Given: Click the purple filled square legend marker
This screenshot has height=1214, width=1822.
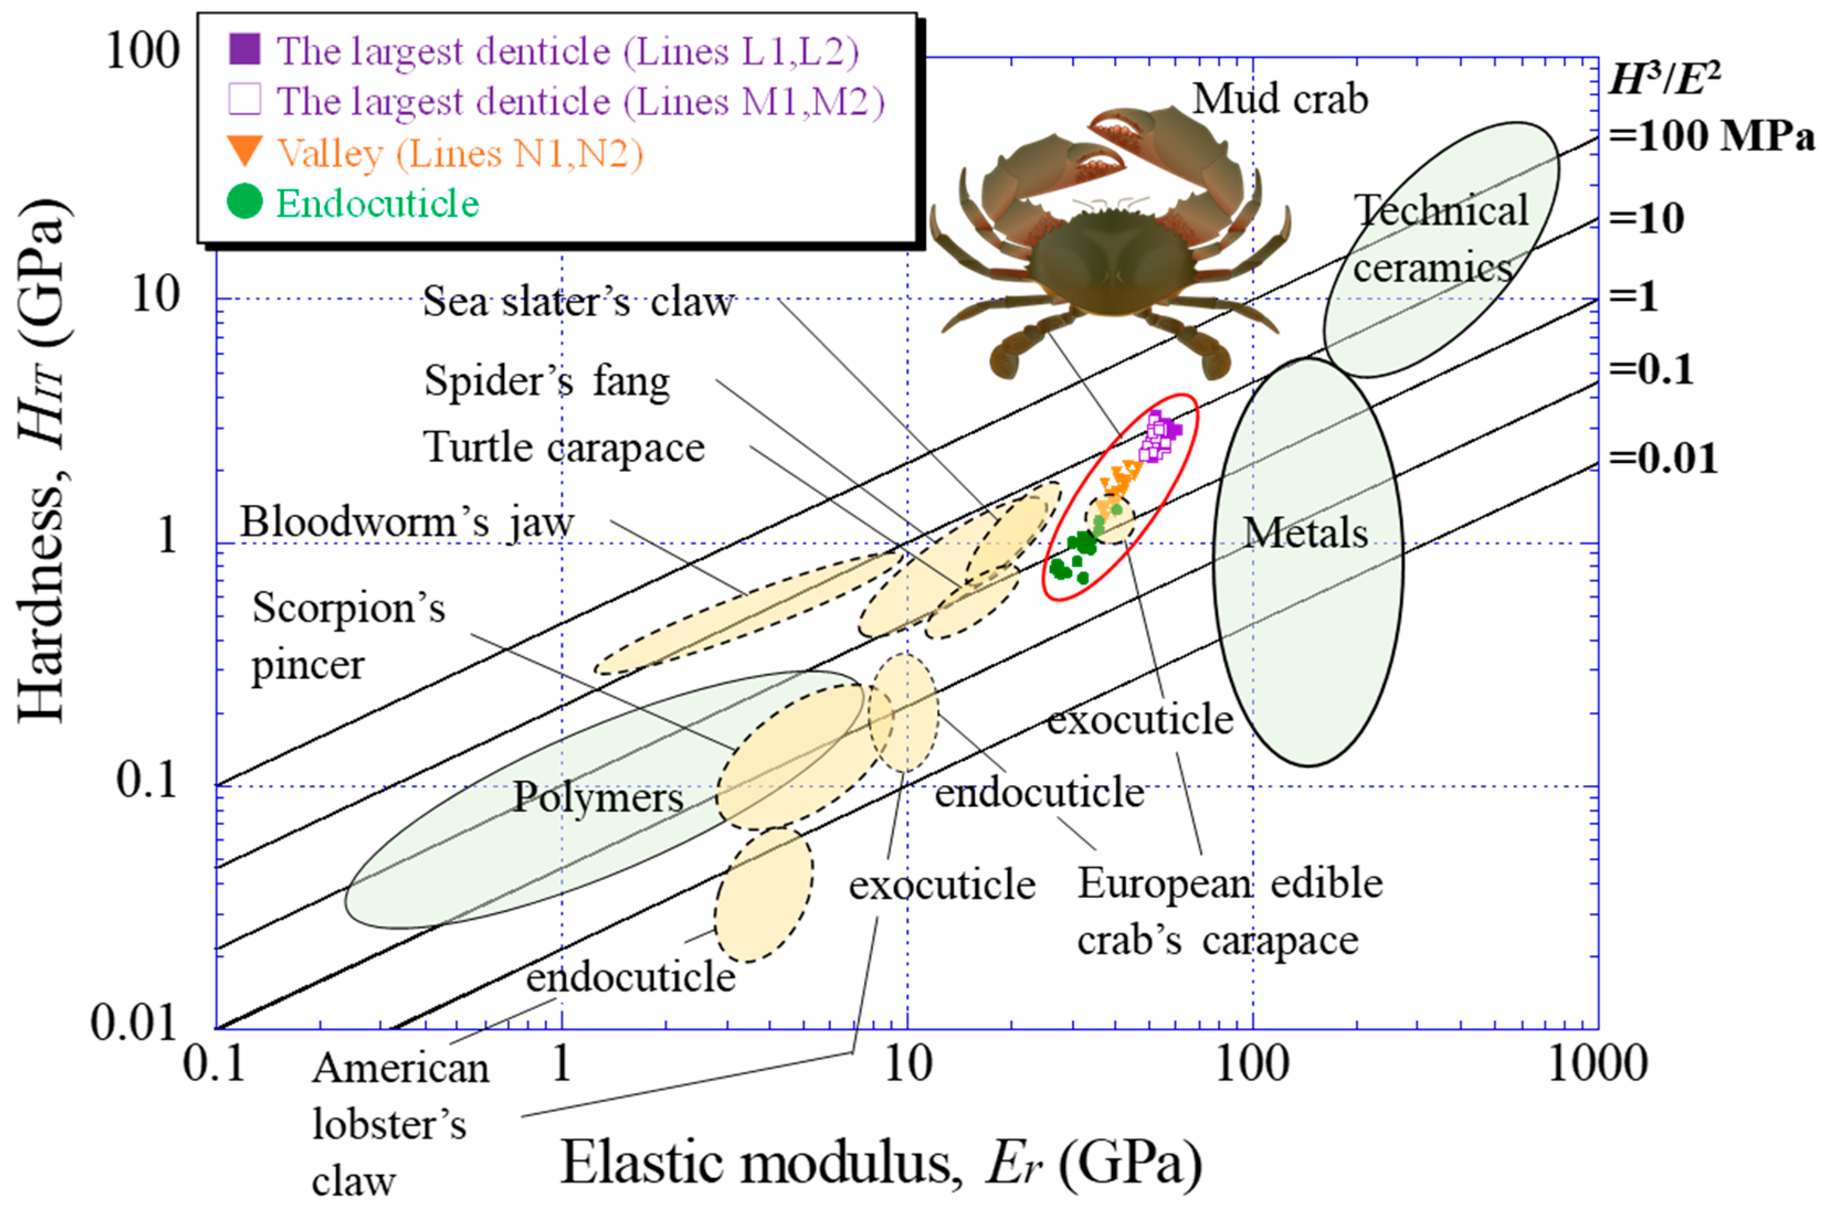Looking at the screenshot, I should pyautogui.click(x=245, y=50).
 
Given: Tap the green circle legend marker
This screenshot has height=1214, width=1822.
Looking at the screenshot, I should pyautogui.click(x=245, y=202).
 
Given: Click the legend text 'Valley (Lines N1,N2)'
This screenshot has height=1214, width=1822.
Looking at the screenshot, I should pyautogui.click(x=460, y=153).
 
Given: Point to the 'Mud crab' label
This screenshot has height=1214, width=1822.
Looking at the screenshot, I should pyautogui.click(x=1280, y=99).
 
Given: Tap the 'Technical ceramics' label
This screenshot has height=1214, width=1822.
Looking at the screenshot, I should pyautogui.click(x=1439, y=238).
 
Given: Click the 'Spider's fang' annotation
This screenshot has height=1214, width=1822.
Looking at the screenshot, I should pyautogui.click(x=547, y=382).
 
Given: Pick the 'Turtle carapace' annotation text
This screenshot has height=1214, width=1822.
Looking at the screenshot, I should pyautogui.click(x=564, y=448).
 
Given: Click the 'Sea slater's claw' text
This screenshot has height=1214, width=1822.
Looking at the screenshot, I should pyautogui.click(x=577, y=301).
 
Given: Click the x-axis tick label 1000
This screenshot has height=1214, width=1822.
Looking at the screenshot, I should pyautogui.click(x=1597, y=1064).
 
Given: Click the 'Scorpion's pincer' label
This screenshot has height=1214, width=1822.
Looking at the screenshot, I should pyautogui.click(x=348, y=636).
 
